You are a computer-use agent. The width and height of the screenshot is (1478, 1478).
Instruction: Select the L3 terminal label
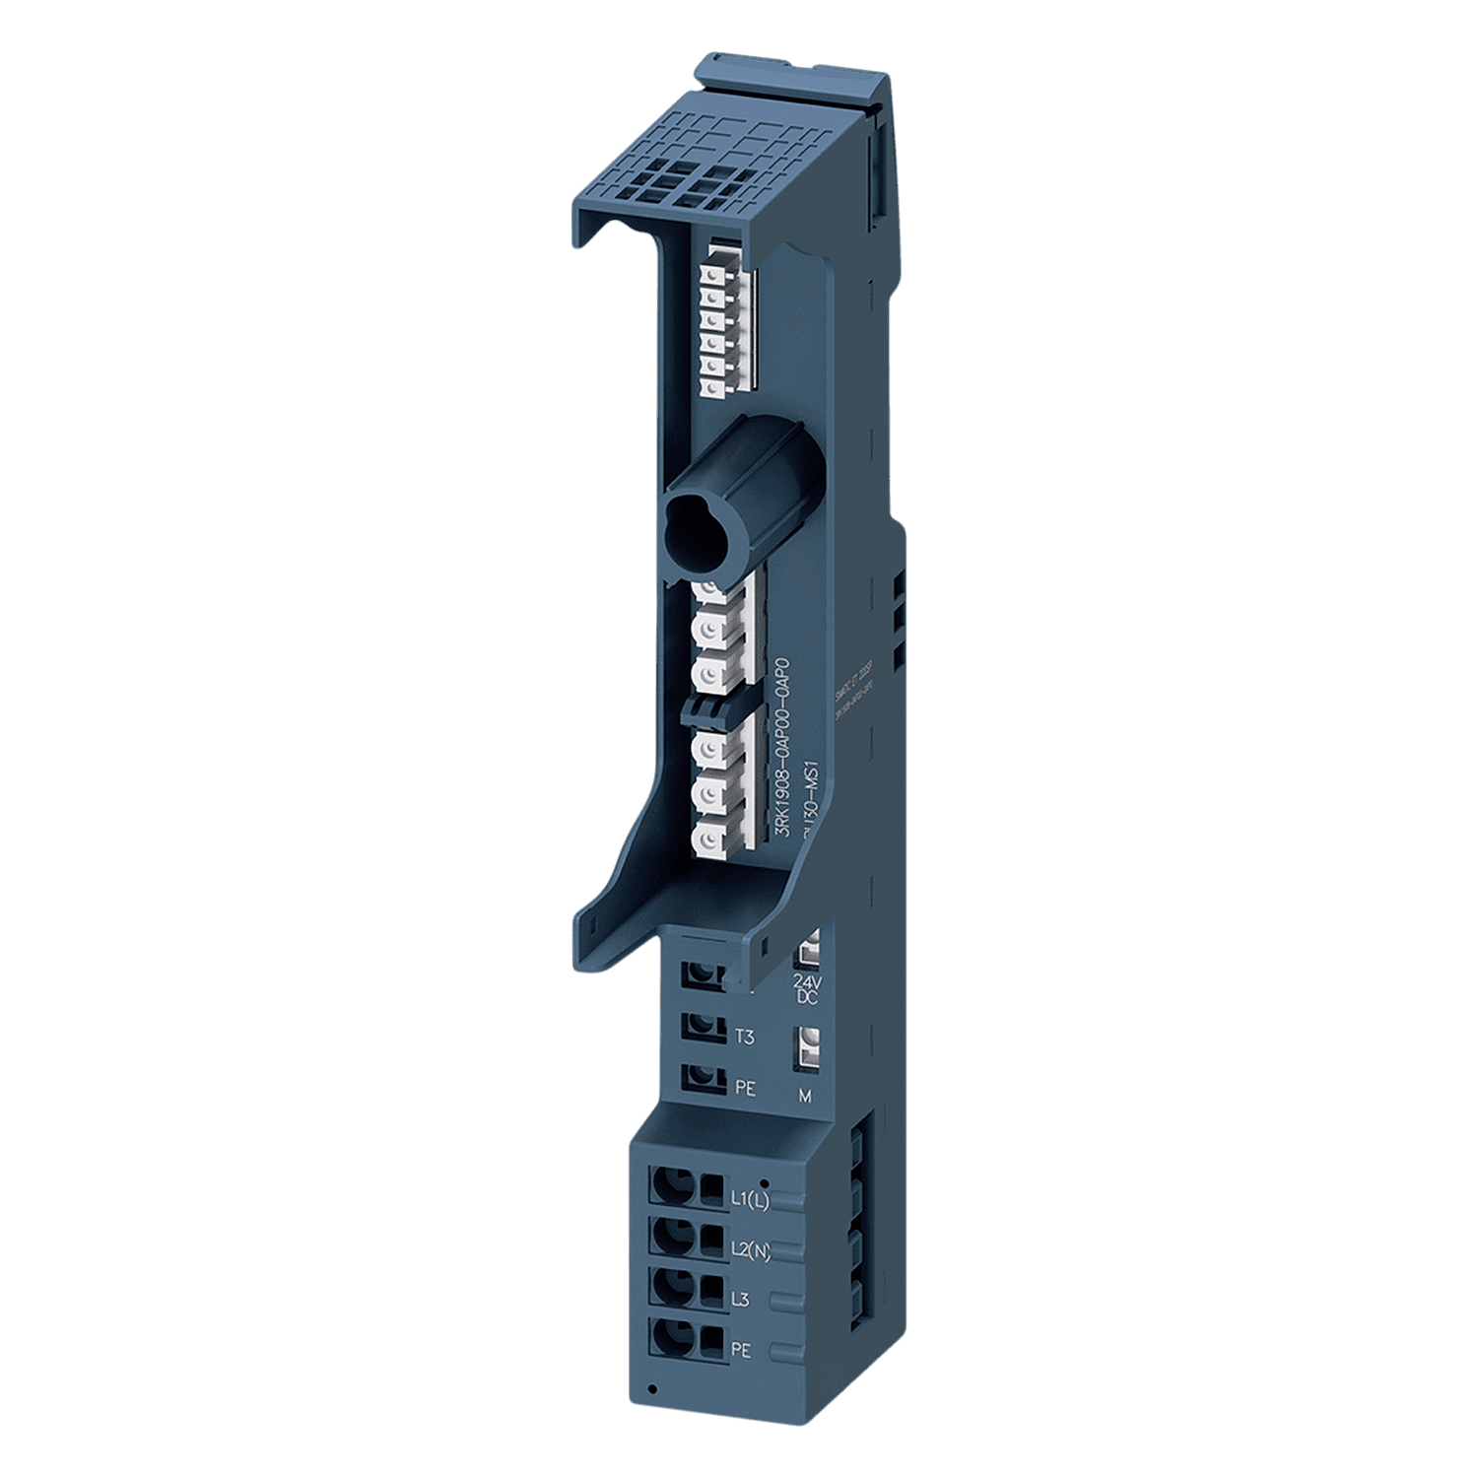tap(741, 1301)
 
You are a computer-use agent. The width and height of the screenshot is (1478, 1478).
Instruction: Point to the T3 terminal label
tap(745, 1036)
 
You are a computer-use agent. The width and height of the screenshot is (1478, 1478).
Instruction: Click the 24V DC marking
tap(805, 989)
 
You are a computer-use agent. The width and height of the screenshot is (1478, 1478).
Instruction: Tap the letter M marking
tap(805, 1096)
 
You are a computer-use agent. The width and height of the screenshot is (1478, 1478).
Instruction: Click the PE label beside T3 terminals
tap(745, 1089)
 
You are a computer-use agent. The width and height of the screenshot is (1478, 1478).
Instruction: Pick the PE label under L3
tap(741, 1351)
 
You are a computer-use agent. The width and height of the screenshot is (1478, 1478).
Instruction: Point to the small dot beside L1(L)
tap(765, 1180)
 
